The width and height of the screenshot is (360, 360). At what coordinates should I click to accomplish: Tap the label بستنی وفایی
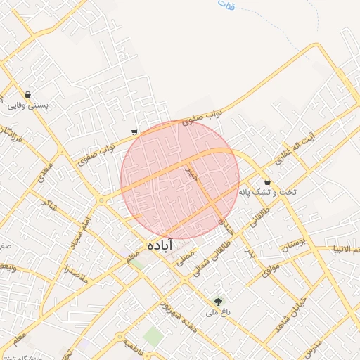(x=27, y=105)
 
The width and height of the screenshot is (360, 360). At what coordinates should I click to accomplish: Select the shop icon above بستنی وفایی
(x=27, y=94)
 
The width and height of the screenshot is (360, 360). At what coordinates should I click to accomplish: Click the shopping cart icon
(x=134, y=131)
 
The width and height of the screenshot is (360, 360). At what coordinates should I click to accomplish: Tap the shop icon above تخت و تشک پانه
(x=267, y=181)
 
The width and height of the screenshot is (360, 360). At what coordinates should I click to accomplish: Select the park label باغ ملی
(x=215, y=311)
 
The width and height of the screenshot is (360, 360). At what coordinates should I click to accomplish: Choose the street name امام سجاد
(x=79, y=234)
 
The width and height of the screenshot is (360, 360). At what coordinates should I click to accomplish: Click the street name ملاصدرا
(x=75, y=269)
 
